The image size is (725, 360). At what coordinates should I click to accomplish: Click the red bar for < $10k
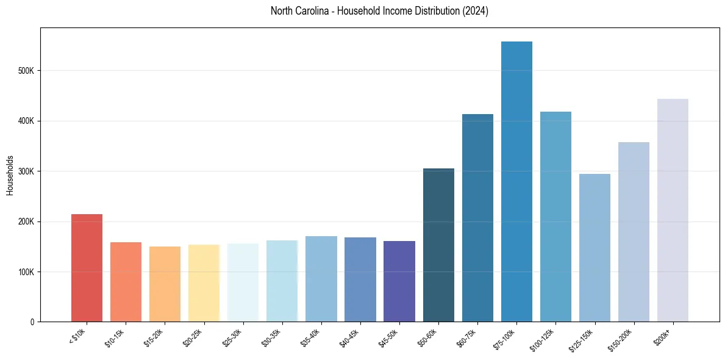click(87, 268)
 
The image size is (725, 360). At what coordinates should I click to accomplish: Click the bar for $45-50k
click(399, 281)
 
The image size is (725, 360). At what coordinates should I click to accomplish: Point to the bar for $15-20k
click(165, 284)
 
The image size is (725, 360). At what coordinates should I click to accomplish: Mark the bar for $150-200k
click(634, 232)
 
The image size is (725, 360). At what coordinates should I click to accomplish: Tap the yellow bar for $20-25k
click(204, 283)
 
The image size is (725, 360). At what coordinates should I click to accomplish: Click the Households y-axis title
click(10, 175)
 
